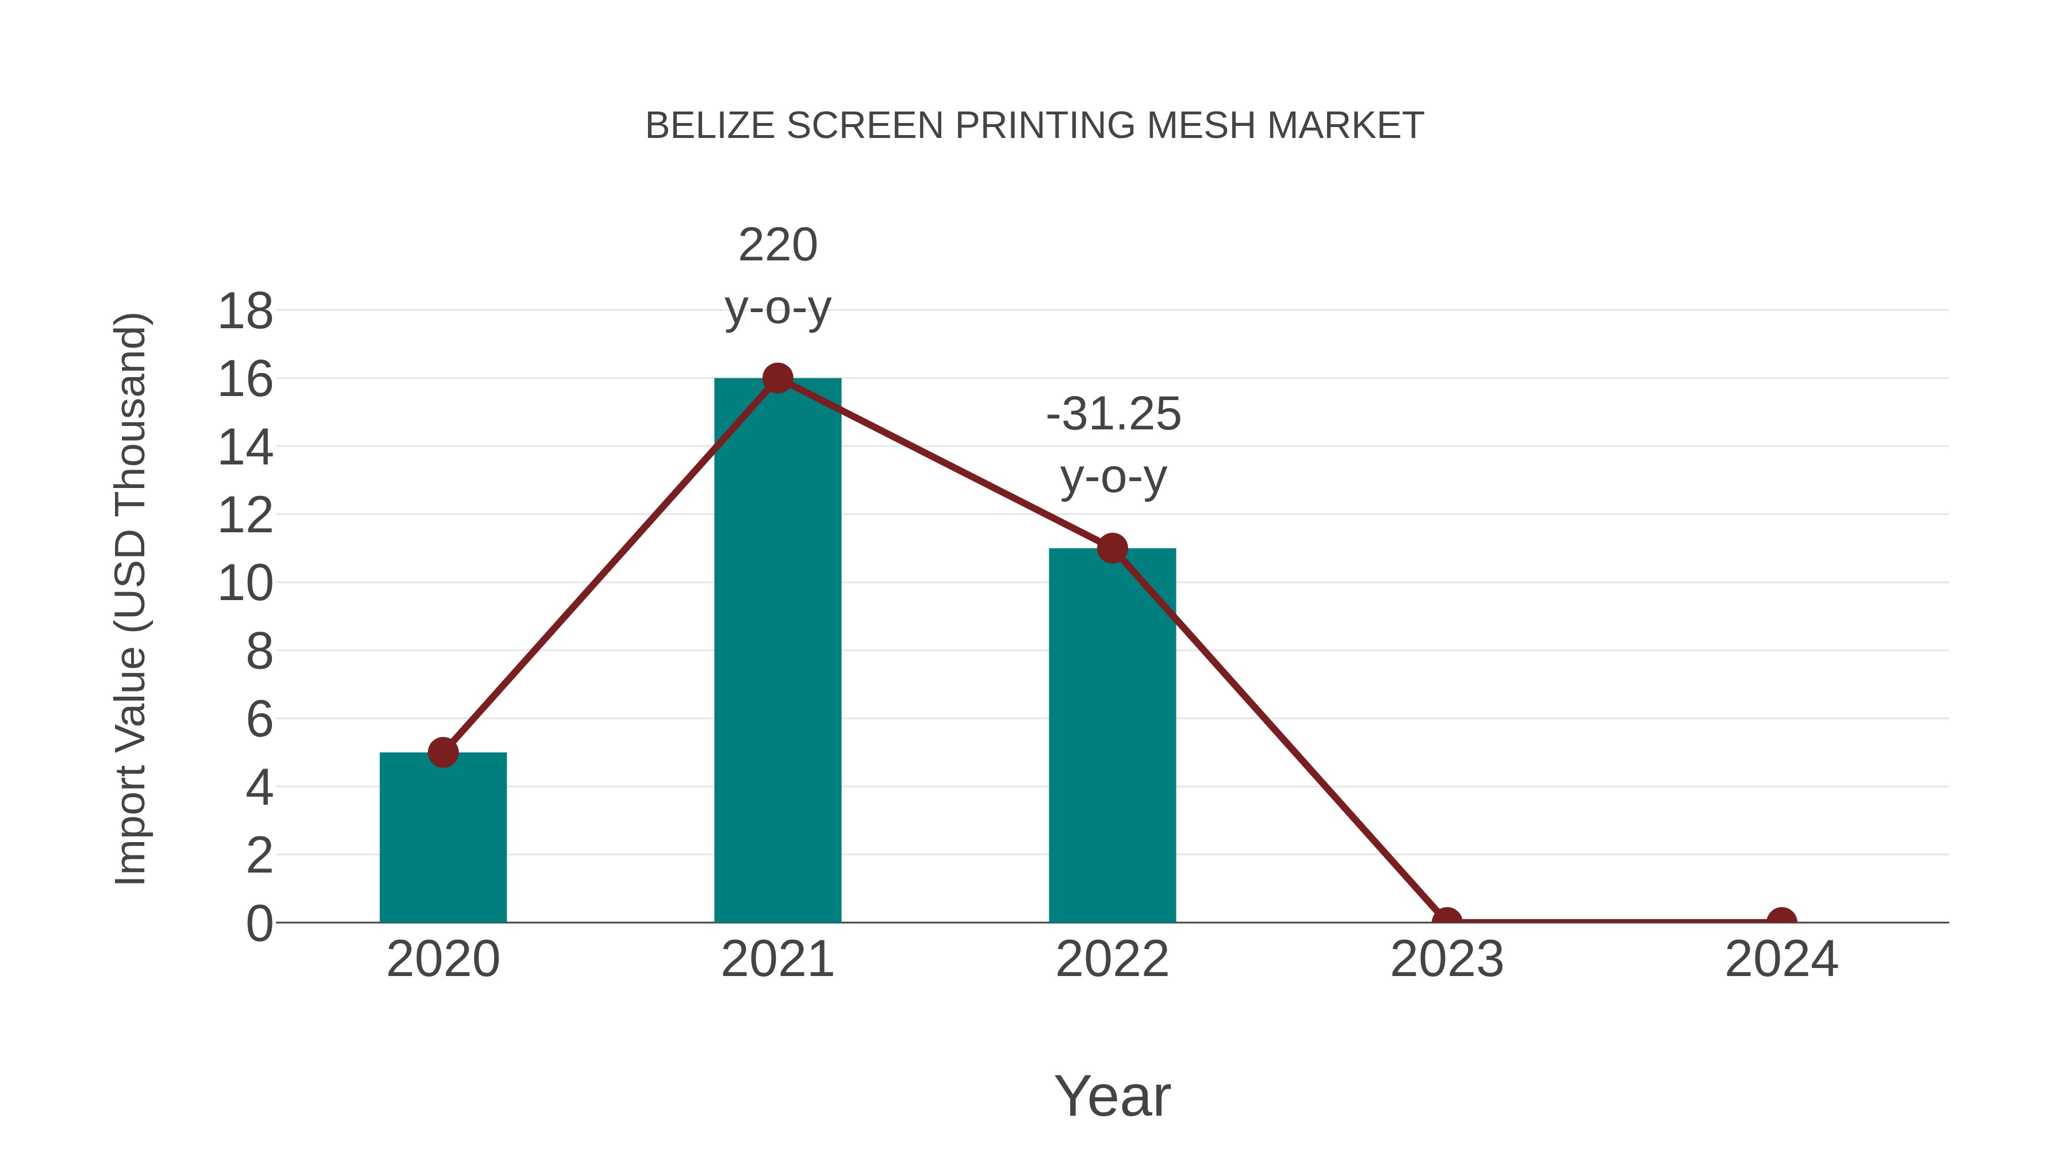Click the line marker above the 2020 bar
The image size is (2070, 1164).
pos(443,752)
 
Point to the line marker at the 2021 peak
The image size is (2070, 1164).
pos(777,378)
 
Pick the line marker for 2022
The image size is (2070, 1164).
pos(1112,549)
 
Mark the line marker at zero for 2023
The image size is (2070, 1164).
pos(1447,921)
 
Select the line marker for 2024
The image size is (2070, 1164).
pos(1781,921)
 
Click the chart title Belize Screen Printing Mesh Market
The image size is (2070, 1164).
pos(1034,125)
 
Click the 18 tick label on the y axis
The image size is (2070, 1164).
pos(245,311)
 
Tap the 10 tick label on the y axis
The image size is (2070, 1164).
pos(245,583)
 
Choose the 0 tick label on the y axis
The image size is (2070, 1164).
pos(259,923)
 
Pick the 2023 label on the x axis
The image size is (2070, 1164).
pos(1447,959)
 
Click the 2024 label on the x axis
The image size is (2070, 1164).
pos(1781,959)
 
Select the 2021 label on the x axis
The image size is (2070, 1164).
pos(777,959)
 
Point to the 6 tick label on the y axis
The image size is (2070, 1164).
pos(259,719)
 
